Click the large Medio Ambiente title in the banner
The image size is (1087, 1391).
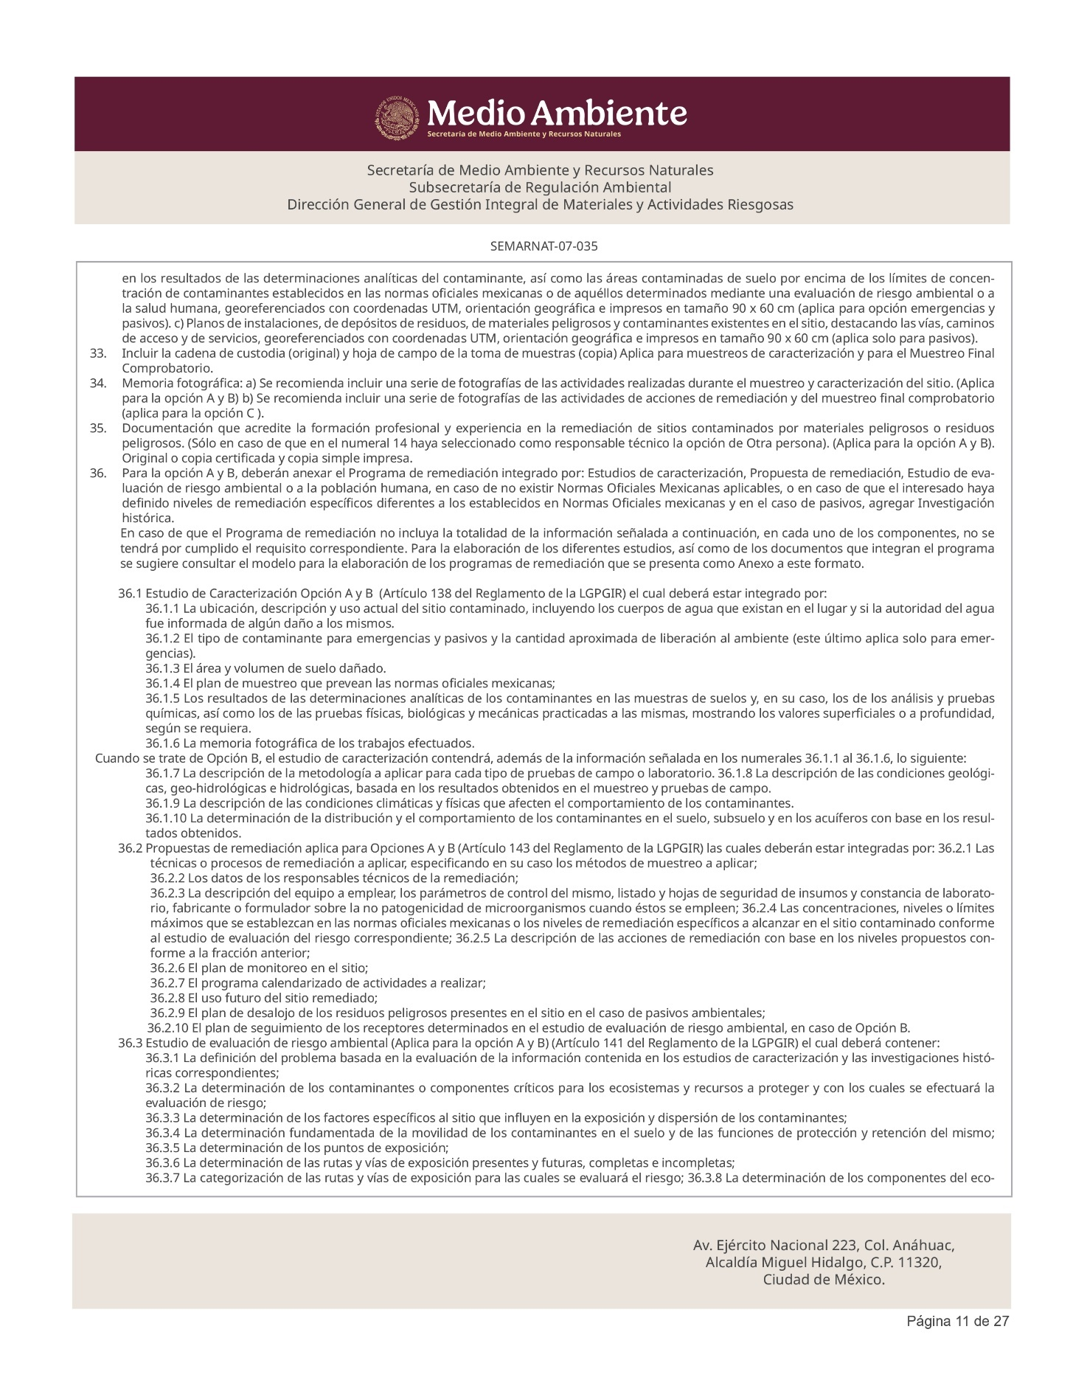pos(557,113)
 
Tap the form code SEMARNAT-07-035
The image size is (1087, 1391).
pos(543,246)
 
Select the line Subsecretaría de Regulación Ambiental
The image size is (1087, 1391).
pos(540,187)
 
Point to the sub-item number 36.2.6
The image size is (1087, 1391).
pos(167,968)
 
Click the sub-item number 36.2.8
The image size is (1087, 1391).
pos(167,998)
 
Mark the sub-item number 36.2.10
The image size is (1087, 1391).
pos(168,1028)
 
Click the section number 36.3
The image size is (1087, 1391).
pos(130,1043)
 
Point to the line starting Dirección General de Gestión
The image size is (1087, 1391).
pos(540,205)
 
